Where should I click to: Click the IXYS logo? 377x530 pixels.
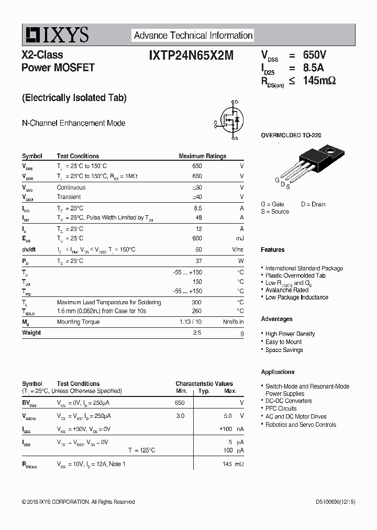(56, 35)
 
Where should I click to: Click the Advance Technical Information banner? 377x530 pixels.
(193, 36)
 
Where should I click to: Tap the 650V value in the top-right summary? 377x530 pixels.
(314, 55)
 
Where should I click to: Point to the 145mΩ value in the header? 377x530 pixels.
(319, 80)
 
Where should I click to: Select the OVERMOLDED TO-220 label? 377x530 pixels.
(291, 135)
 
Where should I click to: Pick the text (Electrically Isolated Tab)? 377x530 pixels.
(74, 97)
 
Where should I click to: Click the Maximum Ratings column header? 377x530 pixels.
(202, 156)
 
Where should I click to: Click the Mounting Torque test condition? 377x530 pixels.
(78, 322)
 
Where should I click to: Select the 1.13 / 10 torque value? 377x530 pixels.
(191, 322)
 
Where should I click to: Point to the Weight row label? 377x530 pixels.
(31, 333)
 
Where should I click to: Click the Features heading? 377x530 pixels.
(273, 250)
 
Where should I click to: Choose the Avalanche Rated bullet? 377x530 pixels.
(286, 290)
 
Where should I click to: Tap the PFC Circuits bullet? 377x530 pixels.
(281, 408)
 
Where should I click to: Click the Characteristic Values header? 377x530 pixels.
(204, 384)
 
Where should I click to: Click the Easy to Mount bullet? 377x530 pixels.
(283, 342)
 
